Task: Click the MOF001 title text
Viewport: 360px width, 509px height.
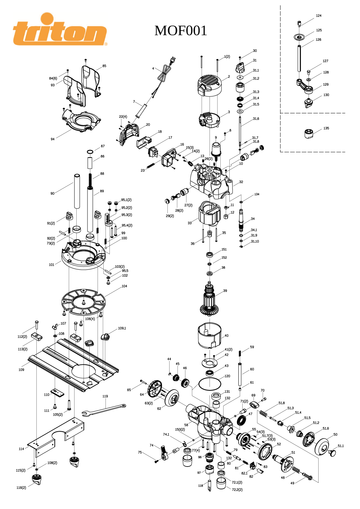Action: pos(181,31)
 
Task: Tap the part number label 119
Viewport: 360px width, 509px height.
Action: pos(105,396)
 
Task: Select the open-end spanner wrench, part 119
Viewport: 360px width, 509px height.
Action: pos(104,410)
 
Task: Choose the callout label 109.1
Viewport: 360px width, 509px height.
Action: pos(122,328)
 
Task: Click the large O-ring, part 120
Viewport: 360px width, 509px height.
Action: pos(210,384)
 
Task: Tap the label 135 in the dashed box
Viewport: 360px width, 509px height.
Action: pos(326,128)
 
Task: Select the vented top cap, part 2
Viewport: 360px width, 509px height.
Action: pos(209,86)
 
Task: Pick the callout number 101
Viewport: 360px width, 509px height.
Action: pos(51,264)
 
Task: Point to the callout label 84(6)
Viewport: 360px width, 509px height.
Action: pos(53,78)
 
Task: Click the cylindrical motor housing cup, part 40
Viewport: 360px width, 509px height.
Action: pos(210,336)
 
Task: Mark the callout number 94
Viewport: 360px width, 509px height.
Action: pos(53,139)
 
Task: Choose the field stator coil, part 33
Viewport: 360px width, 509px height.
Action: pos(210,214)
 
